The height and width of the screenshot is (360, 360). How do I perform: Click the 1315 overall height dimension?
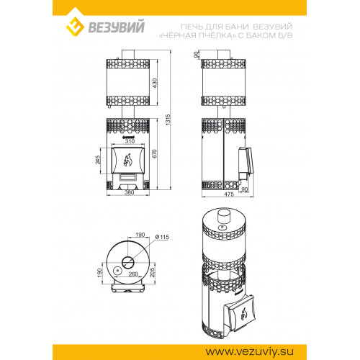168,120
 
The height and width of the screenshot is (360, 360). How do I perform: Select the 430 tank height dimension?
155,83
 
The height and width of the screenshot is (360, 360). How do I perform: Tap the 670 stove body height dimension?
155,153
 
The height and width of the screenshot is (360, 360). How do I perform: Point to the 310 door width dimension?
130,141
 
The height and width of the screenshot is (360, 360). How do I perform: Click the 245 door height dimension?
98,160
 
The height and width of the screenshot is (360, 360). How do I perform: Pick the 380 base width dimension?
130,192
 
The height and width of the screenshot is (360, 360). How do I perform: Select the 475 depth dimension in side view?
229,194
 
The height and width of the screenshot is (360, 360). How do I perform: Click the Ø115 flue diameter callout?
162,237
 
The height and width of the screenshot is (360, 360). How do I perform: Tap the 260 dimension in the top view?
133,274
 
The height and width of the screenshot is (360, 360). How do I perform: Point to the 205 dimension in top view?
153,272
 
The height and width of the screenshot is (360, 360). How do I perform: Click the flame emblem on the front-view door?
127,160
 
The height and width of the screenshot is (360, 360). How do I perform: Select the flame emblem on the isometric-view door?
245,313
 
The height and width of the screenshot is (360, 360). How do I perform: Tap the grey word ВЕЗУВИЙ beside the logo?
117,27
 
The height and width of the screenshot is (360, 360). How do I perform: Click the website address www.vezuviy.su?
249,352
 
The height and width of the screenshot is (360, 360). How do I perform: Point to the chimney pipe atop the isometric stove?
224,216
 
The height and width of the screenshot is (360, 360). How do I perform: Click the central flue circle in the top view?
128,262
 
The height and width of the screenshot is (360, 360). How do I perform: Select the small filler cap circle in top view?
117,271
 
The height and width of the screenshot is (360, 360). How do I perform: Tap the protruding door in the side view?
246,163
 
